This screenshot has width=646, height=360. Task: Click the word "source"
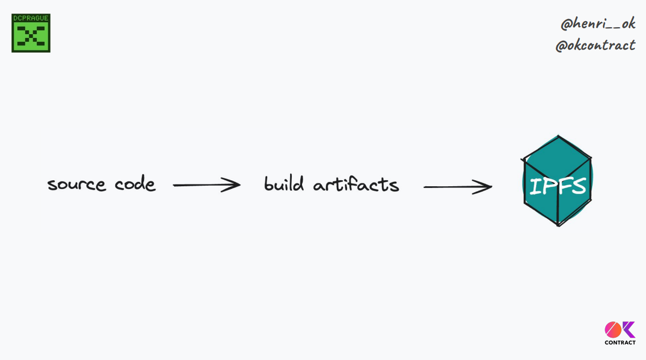tap(76, 185)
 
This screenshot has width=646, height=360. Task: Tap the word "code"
tap(135, 184)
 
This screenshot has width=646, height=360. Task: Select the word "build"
tap(284, 184)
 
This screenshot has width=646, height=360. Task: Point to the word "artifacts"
tap(356, 184)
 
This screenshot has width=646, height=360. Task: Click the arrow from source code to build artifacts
tap(206, 185)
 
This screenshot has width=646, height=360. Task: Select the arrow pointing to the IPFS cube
tap(457, 187)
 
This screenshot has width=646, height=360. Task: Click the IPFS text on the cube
tap(557, 186)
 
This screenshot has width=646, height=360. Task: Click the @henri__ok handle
tap(598, 23)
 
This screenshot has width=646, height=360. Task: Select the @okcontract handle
tap(595, 45)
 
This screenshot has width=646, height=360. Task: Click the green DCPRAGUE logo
tap(31, 33)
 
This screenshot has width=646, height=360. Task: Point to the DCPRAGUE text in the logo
tap(31, 18)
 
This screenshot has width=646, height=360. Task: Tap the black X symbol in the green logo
tap(31, 37)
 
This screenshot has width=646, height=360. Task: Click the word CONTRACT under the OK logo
tap(620, 343)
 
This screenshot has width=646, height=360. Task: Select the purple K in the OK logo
tap(629, 330)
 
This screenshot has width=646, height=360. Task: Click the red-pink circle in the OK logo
tap(613, 330)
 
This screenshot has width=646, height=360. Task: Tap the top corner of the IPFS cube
tap(558, 137)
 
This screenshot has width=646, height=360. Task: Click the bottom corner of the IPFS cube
tap(558, 224)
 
